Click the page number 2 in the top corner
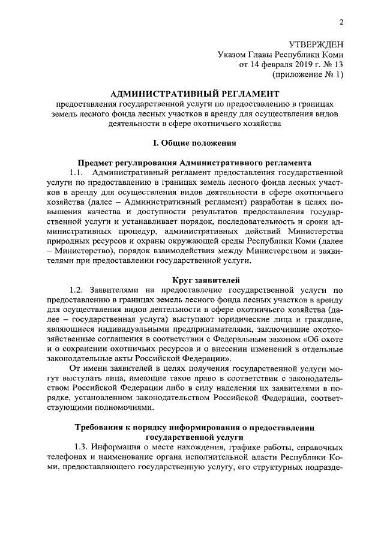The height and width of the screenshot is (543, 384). [341, 23]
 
